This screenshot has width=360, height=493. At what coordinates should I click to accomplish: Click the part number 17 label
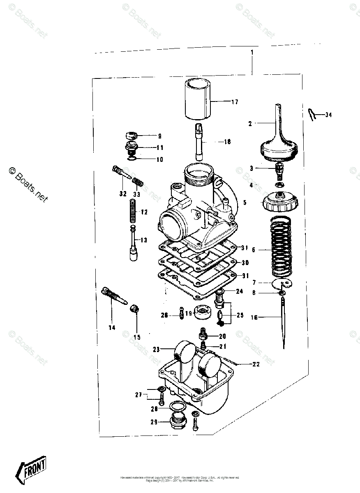235,102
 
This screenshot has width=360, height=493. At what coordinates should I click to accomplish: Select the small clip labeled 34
312,115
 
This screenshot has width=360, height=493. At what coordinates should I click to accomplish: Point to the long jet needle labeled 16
283,325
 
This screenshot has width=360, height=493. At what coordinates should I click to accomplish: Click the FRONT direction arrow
30,469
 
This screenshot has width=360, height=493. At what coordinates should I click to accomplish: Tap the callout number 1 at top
252,53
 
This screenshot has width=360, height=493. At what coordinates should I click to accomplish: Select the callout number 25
240,316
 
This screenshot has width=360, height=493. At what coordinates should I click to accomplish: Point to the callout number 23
156,350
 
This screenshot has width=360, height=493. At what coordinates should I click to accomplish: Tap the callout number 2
250,123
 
